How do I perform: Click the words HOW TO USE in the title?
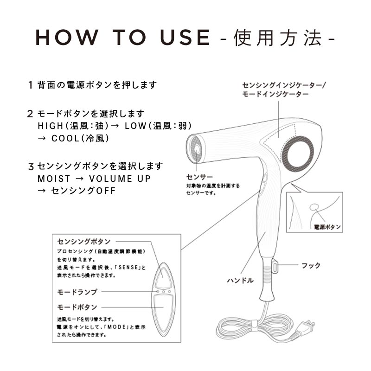123,38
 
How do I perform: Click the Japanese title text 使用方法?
278,38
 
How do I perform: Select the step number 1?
30,85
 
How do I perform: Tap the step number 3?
31,166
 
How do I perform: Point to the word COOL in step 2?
66,138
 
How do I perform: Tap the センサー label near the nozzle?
199,177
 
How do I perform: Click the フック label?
311,266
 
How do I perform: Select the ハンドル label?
240,281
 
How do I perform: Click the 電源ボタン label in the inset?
327,227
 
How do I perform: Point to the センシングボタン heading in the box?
83,242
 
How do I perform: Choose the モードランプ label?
77,292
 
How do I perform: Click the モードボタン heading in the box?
77,307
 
